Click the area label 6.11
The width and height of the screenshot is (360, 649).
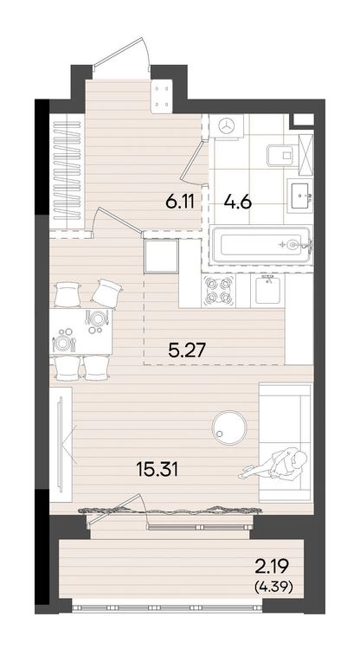(180, 202)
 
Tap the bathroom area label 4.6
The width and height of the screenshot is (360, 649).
(237, 202)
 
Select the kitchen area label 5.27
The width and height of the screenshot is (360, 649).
(187, 351)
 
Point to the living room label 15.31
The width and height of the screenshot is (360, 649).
(157, 470)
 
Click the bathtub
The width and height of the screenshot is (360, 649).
(260, 245)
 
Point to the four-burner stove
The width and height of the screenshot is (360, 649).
(218, 291)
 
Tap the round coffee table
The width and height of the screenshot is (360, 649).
(229, 427)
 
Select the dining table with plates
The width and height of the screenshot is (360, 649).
(81, 331)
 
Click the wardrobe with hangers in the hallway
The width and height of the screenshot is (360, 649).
(67, 170)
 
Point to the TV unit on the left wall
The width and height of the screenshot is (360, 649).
(61, 445)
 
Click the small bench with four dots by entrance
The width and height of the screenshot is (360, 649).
(162, 96)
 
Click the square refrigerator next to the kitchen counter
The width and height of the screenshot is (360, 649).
(161, 256)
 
